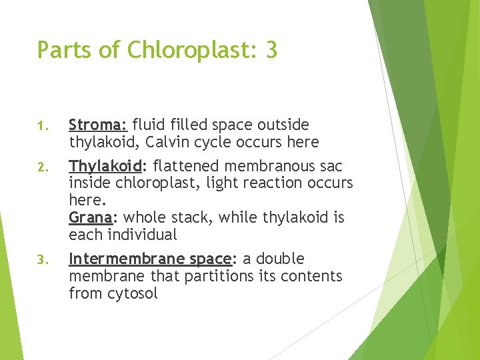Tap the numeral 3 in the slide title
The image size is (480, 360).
[271, 50]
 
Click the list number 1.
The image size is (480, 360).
[41, 126]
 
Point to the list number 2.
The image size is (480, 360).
[41, 167]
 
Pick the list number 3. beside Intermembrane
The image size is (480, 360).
[41, 260]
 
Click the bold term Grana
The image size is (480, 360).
[89, 217]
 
